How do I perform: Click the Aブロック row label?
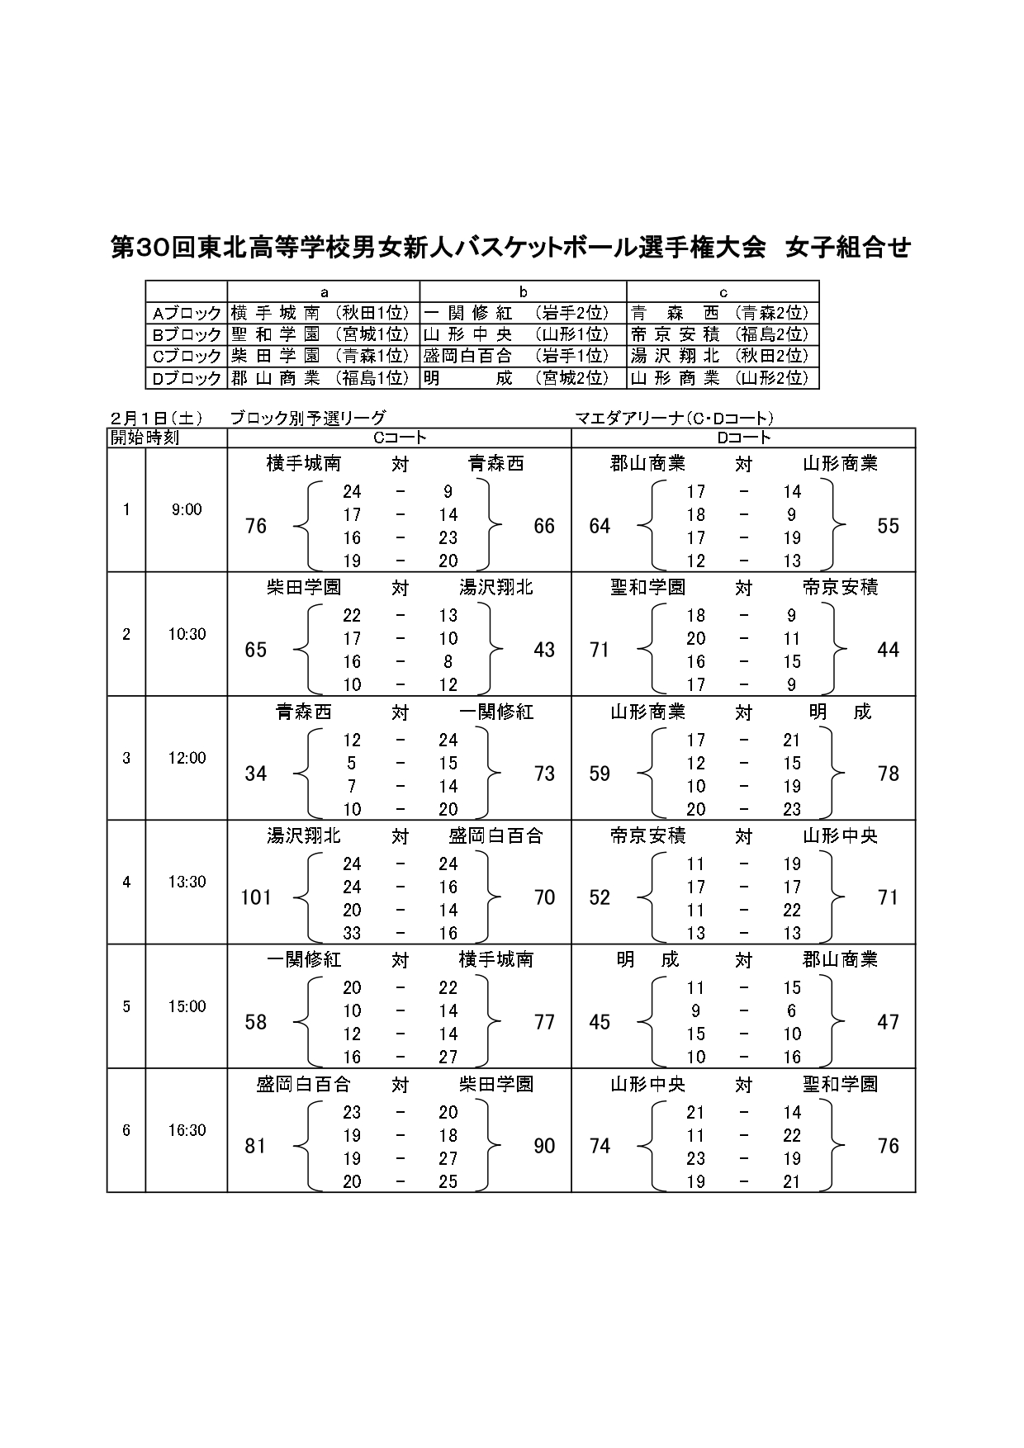coord(187,313)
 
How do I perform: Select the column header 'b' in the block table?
coord(523,291)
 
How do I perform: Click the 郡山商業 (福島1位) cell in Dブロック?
coord(323,378)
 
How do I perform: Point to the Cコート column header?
coord(399,438)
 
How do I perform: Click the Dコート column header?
coord(743,438)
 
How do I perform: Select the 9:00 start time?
coord(187,509)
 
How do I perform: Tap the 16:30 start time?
coord(187,1130)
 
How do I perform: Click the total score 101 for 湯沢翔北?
coord(256,897)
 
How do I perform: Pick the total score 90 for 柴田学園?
coord(544,1146)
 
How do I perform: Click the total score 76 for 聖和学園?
coord(888,1146)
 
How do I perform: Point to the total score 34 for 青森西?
coord(256,774)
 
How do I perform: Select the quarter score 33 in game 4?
coord(353,933)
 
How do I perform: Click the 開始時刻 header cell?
coord(145,438)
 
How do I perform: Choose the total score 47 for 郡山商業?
coord(888,1022)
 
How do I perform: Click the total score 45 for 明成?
coord(600,1022)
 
